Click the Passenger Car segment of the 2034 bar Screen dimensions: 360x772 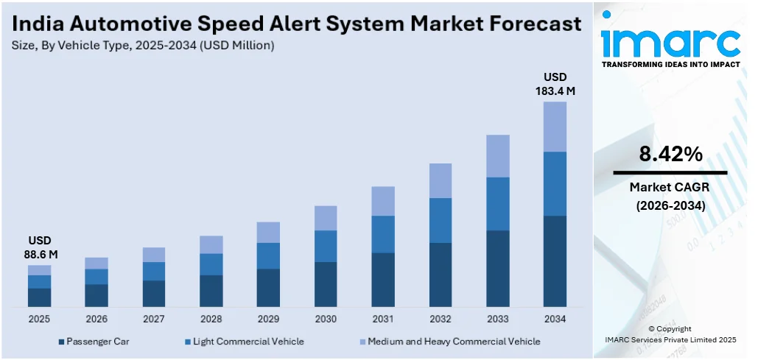tap(555, 261)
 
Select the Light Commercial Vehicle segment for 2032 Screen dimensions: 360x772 tap(440, 220)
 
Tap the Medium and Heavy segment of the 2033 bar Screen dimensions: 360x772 tap(497, 156)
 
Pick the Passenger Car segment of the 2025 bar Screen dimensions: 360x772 tap(39, 297)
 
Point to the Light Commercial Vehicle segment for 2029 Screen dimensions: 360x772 tap(268, 255)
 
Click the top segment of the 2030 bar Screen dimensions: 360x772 tap(326, 218)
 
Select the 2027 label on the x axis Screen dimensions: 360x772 tap(153, 319)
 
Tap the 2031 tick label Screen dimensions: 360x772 tap(382, 319)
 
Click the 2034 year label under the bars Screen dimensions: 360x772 tap(555, 319)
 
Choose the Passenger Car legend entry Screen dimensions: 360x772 tap(92, 342)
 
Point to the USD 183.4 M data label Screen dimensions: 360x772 tap(555, 84)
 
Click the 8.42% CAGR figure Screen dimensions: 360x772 tap(670, 155)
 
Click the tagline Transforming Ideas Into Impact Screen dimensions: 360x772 tap(670, 65)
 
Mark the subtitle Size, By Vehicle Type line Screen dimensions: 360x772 tap(144, 46)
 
